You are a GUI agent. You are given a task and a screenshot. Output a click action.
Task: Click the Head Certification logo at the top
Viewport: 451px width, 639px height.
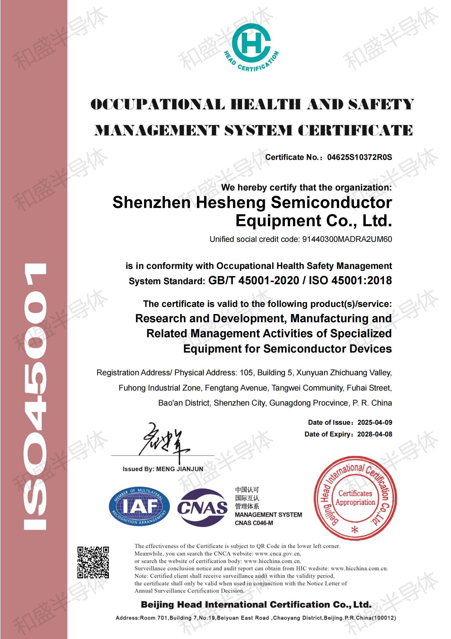pos(251,46)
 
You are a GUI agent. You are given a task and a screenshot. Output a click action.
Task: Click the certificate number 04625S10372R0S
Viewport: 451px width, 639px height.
pos(359,157)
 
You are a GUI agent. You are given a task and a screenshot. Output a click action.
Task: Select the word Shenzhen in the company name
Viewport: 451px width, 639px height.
pos(151,202)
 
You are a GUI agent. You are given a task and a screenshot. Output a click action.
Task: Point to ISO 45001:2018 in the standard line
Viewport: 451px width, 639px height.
pos(350,280)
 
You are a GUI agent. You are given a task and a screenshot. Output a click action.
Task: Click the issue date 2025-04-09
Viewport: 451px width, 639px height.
pos(375,423)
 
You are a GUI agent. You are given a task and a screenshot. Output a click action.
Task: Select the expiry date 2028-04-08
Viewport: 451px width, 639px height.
pos(375,434)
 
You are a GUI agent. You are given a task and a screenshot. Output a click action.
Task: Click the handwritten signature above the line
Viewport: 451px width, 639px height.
pos(164,442)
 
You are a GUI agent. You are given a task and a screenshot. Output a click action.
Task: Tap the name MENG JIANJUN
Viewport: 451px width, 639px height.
pos(180,469)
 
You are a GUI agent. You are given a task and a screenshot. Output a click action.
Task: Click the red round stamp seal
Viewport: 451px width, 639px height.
pos(355,498)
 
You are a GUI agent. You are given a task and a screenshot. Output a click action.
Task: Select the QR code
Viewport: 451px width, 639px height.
pos(93,562)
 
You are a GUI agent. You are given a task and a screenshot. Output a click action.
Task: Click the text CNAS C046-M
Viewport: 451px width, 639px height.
pos(254,523)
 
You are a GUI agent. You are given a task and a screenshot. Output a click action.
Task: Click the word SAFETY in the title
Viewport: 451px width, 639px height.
pos(381,105)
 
